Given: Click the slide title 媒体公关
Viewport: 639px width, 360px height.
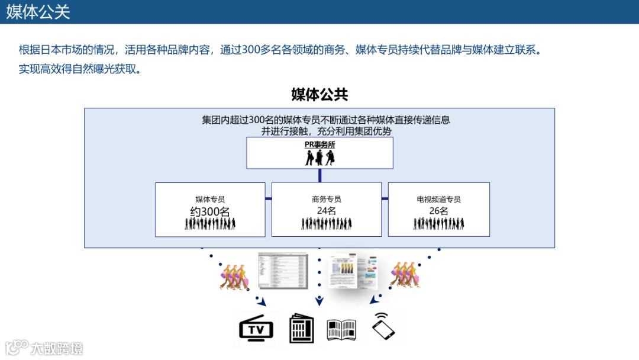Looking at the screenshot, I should point(38,12).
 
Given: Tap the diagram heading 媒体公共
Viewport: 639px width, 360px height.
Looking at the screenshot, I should point(319,94).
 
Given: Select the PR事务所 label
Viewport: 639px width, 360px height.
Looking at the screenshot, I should point(319,144).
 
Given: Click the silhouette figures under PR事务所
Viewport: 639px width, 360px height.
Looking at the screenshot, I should point(319,157).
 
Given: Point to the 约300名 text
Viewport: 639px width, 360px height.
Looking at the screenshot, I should point(210,211).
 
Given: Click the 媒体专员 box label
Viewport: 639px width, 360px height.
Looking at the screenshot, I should point(210,200).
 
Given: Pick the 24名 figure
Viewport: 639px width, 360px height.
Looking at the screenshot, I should point(326,211).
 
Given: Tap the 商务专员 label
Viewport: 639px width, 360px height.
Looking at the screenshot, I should point(326,200).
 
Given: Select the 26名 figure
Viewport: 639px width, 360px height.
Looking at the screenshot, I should point(438,211).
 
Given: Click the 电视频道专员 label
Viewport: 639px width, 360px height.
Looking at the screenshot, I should point(438,200).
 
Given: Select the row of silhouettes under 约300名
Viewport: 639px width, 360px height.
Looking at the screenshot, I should point(210,224).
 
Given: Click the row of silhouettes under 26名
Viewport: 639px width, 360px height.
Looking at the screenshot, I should point(438,224).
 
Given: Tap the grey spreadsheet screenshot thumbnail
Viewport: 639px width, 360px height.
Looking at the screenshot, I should point(283,271).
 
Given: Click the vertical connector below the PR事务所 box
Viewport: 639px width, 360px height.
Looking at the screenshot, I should point(319,175).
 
